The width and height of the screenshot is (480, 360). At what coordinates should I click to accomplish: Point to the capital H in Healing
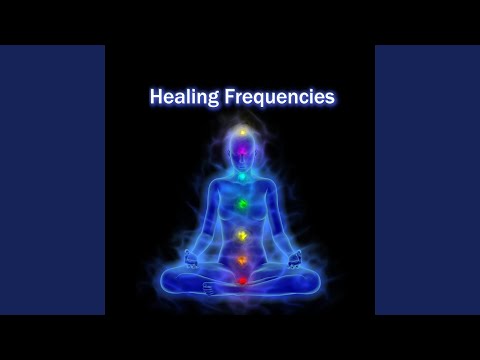click(156, 98)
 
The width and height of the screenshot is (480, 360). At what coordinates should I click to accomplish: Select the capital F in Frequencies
click(227, 98)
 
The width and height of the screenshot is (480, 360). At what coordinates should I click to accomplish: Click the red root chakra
click(240, 281)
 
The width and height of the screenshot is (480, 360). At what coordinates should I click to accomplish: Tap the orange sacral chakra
click(240, 261)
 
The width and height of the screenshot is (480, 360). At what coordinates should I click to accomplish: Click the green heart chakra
click(240, 203)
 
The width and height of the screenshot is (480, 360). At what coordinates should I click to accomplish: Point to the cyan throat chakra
click(240, 176)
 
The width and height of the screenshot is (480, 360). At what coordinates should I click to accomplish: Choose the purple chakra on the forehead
click(240, 152)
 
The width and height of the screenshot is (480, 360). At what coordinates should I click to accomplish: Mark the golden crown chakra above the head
click(240, 131)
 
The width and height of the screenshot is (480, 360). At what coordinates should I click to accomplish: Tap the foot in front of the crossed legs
click(214, 287)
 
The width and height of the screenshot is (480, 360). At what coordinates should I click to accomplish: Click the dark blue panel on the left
click(52, 180)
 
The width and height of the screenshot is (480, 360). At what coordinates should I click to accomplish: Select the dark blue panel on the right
click(427, 180)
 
